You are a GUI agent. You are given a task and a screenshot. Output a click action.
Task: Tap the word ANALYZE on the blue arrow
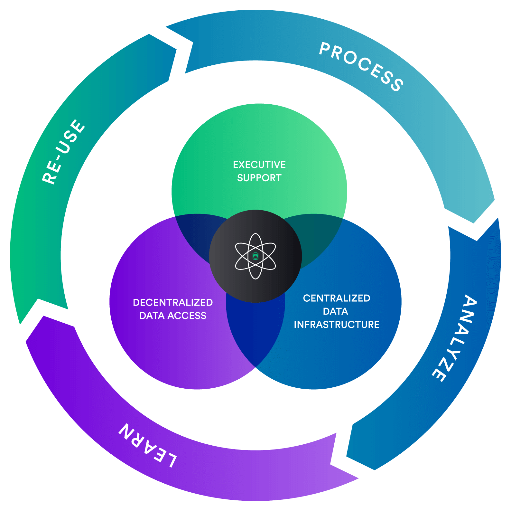(454, 338)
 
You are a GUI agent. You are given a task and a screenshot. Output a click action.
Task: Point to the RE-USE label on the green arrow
(64, 152)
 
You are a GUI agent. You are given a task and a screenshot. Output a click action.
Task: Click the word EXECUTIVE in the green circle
(259, 165)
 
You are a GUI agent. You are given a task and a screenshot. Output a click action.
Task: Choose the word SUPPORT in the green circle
(259, 178)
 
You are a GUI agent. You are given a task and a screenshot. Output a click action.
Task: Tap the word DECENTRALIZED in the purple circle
(173, 302)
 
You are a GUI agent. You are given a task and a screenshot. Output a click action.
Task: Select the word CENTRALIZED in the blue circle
(337, 298)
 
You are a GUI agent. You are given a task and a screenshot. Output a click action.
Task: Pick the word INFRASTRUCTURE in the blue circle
(337, 325)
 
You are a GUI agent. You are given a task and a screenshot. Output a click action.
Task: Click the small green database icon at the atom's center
(256, 256)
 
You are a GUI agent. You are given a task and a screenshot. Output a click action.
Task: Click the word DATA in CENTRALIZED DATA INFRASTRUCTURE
(336, 311)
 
